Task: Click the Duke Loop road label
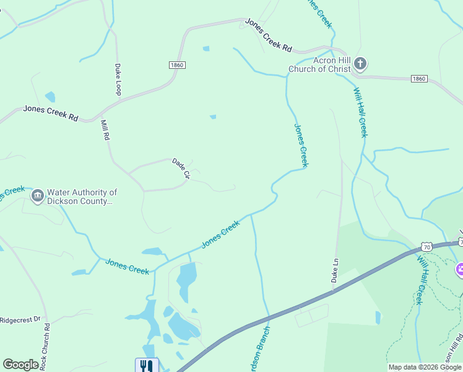[x=118, y=79]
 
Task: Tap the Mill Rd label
[x=105, y=130]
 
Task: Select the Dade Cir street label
[x=181, y=168]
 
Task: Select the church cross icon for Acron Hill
[x=360, y=63]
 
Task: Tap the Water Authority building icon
[x=38, y=197]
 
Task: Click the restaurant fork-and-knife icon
[x=147, y=366]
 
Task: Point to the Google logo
[x=21, y=365]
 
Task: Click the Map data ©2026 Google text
[x=425, y=367]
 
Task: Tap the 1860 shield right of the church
[x=419, y=79]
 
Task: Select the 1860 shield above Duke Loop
[x=176, y=64]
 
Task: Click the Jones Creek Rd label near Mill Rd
[x=51, y=113]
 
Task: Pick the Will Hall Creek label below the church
[x=360, y=112]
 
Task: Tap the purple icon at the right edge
[x=460, y=269]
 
